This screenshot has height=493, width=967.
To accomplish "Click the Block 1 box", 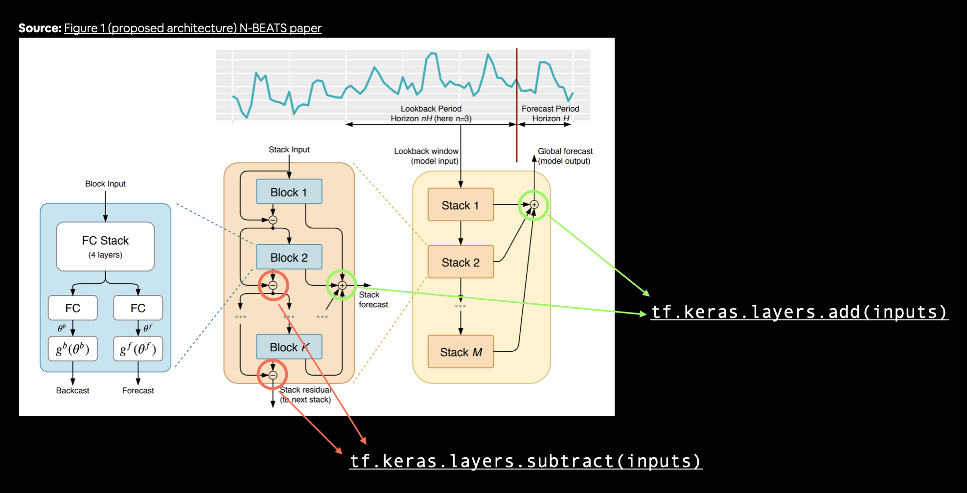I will coord(289,192).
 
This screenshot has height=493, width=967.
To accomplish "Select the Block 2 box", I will coord(289,257).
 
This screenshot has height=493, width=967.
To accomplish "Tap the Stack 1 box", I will coord(460,205).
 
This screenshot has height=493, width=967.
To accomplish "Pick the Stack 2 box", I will coord(460,262).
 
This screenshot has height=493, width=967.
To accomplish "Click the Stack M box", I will coord(460,352).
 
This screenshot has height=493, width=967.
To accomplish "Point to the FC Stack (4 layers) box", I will coord(105,246).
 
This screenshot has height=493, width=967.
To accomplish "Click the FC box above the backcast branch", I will coord(72,308).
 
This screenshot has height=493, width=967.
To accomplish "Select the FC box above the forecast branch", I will coord(138,308).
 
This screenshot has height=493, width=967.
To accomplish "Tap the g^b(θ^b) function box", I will coord(72,349).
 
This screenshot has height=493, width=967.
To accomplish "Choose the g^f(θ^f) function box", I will coord(138,349).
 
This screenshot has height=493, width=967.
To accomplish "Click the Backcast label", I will coord(72,390).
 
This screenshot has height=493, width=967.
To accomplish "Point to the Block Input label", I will coord(105,184).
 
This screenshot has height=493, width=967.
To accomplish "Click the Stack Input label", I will coord(289,150).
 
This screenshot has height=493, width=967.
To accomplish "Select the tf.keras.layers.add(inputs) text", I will coord(799,312).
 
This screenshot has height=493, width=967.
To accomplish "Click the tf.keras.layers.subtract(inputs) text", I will coord(526,461).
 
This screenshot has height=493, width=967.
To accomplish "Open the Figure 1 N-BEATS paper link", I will coord(192,28).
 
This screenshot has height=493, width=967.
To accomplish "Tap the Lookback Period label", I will coord(431,109).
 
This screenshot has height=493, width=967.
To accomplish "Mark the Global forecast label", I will coord(565,152).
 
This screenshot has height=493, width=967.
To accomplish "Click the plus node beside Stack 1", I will coord(534,205).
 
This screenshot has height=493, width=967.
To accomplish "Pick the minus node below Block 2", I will coord(273,285).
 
